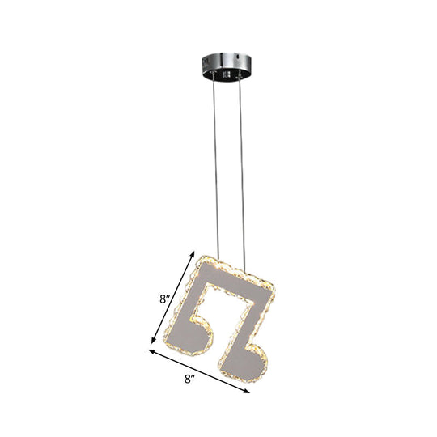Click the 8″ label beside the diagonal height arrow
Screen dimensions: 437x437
[x=166, y=299]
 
